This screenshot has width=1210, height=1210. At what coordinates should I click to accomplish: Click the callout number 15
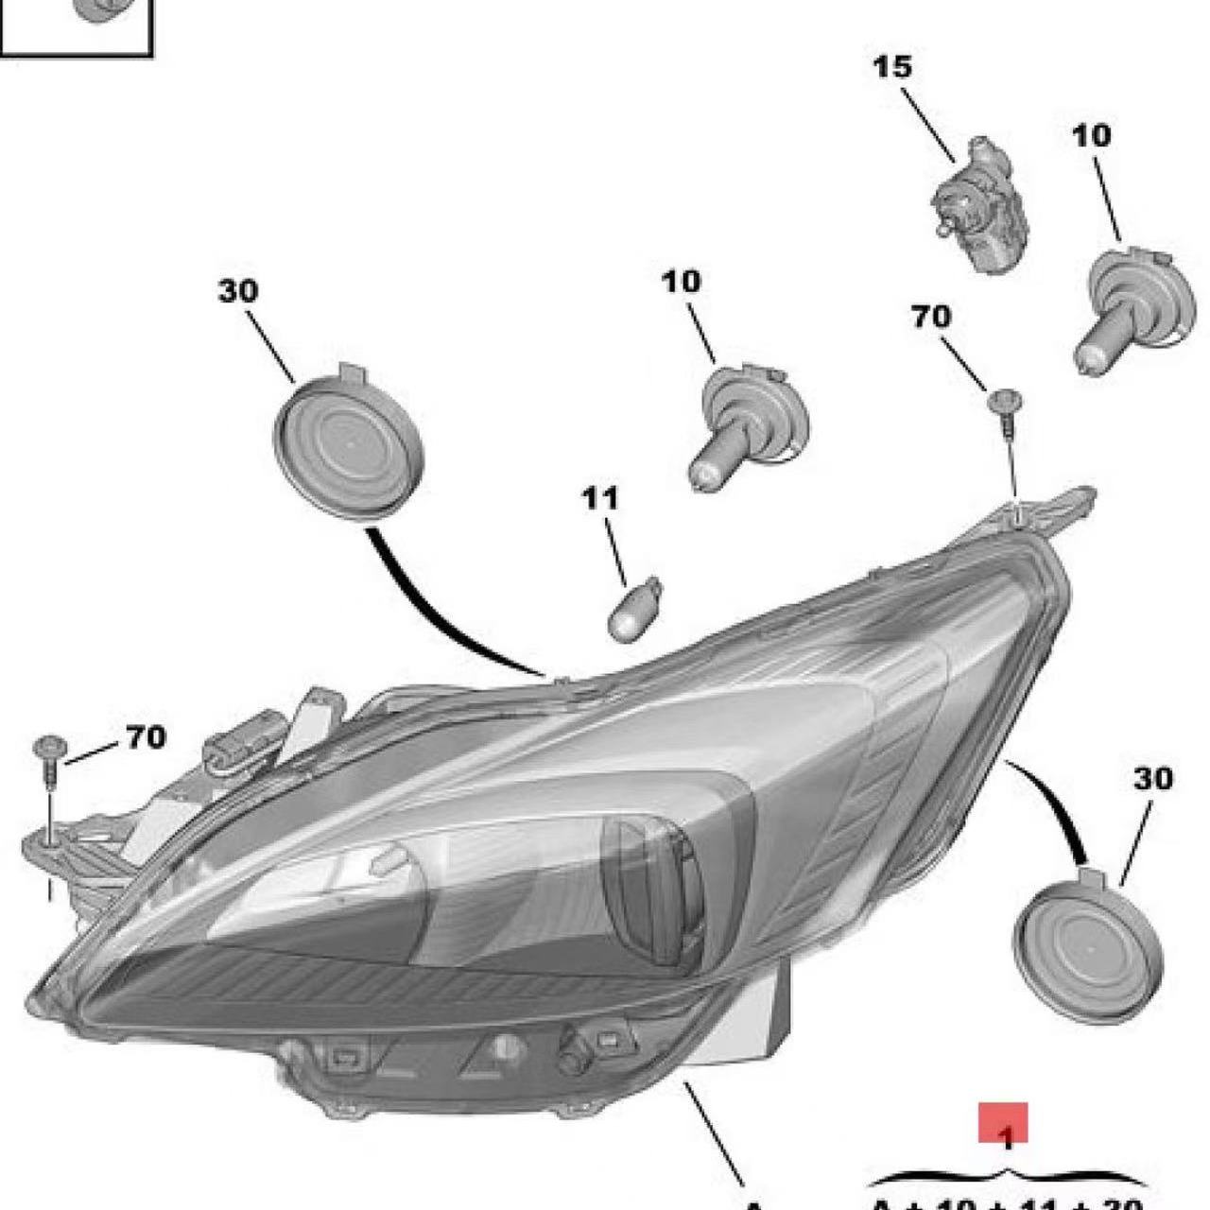(x=892, y=67)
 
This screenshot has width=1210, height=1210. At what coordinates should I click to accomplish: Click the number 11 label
(x=599, y=498)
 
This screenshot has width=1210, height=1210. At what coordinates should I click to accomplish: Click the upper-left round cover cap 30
(x=348, y=446)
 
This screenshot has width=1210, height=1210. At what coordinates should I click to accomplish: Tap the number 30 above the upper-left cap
(x=237, y=291)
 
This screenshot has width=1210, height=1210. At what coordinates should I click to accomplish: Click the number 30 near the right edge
(x=1152, y=779)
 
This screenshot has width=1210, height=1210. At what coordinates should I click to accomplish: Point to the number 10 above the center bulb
(x=682, y=281)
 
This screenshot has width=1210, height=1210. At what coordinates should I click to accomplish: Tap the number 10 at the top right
(x=1092, y=135)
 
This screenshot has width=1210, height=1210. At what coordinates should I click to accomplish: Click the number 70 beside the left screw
(x=146, y=736)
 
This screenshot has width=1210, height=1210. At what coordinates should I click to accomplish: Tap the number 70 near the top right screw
(x=931, y=317)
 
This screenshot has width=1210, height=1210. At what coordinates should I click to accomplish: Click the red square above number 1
(x=1003, y=1123)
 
